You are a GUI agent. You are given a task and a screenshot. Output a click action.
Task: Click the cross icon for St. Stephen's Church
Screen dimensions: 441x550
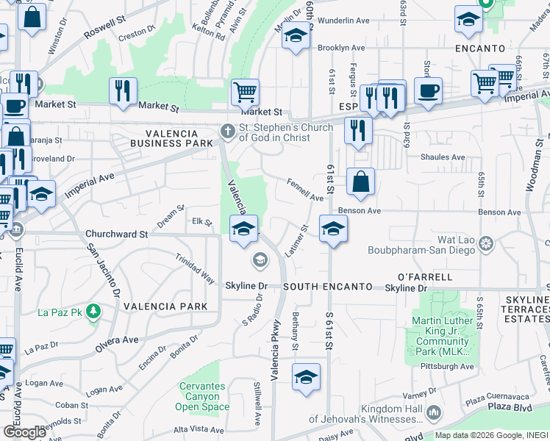[x=228, y=132]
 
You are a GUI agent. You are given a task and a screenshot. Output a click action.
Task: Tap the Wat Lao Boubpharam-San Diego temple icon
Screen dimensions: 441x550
[x=485, y=243]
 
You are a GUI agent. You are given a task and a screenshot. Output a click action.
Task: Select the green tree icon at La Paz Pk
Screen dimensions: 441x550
[x=93, y=312]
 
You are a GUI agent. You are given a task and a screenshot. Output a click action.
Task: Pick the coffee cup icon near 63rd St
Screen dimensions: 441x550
[x=428, y=92]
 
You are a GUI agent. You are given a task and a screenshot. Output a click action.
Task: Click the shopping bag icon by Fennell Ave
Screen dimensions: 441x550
[x=360, y=183]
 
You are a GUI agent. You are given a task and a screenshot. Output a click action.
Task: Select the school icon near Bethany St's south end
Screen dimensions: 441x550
[x=306, y=378]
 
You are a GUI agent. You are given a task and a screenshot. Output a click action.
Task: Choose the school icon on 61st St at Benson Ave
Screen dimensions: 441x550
[x=333, y=229]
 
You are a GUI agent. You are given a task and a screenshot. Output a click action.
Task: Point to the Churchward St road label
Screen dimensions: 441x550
[x=117, y=234]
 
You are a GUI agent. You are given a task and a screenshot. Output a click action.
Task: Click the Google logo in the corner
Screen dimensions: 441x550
[x=24, y=431]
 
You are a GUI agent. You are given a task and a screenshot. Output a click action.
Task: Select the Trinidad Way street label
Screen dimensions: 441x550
[x=195, y=268]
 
